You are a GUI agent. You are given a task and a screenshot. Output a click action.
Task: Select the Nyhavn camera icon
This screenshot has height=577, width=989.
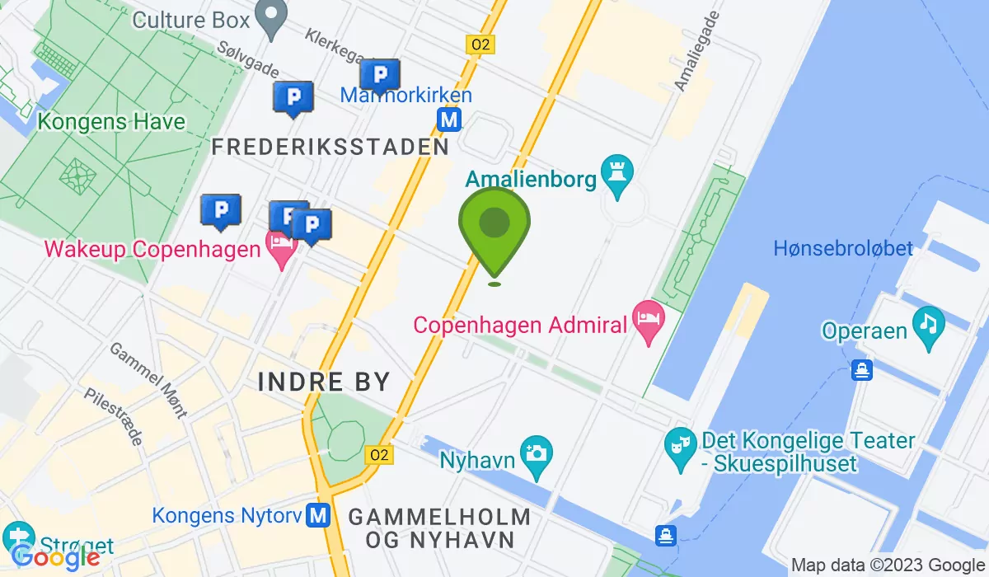[x=537, y=453]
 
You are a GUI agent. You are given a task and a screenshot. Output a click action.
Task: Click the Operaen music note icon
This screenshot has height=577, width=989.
[x=929, y=321]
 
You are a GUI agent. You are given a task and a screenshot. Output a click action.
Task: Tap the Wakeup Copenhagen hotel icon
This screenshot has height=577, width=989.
[x=281, y=244]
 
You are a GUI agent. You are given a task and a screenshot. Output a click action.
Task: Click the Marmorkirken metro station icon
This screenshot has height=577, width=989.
[x=449, y=120]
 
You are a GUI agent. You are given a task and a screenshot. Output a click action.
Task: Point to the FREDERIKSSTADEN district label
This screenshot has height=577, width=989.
[x=330, y=148]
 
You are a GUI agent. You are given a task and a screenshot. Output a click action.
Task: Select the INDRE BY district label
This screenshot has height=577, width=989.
[x=324, y=382]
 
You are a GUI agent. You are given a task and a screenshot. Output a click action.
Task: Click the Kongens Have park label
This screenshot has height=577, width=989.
[x=111, y=123]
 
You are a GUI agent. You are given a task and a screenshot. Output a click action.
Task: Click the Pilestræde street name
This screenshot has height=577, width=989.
[x=114, y=416]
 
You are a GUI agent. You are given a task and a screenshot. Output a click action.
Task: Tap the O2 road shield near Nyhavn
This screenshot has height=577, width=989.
[x=380, y=455]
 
